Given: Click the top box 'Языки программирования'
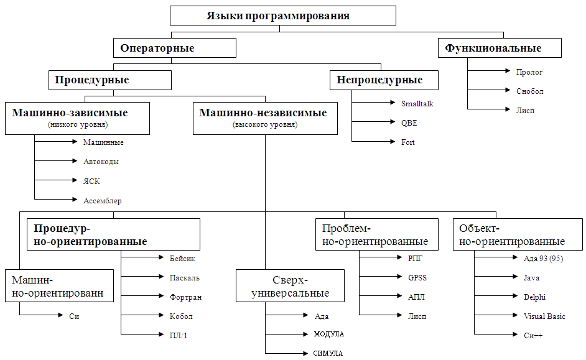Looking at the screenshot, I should tap(283, 16).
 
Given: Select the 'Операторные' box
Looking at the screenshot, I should tap(175, 48).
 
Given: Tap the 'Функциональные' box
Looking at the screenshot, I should tap(500, 48).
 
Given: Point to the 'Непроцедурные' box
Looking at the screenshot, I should tap(384, 80).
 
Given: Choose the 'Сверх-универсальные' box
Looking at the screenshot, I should tap(290, 286).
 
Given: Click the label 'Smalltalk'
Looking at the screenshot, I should tap(417, 104).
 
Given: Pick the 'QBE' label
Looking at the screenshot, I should tap(409, 123).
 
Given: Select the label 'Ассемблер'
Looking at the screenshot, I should tap(102, 200).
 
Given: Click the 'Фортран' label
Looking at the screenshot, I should tap(185, 297).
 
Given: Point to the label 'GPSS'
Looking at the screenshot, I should tap(417, 278).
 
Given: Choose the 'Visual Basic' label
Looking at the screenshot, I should tap(544, 316).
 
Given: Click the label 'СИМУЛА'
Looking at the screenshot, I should tap(328, 354).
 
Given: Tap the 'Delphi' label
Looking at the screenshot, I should tap(535, 297).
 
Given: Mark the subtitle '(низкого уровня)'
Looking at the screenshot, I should tap(78, 125).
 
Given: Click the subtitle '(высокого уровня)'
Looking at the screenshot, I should tap(265, 125).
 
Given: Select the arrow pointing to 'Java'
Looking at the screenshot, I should tap(495, 278).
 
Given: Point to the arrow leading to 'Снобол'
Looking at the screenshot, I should tap(488, 91).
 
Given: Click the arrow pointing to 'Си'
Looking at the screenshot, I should tap(40, 316).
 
